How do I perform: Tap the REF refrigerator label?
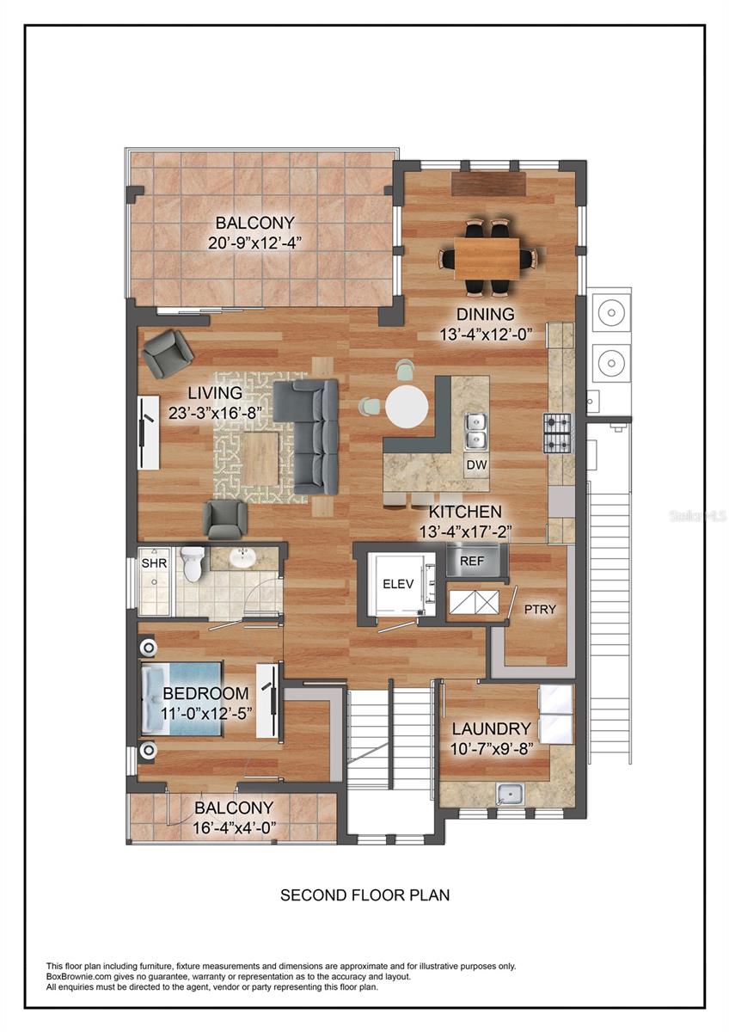[472, 561]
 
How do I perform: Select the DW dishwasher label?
[476, 465]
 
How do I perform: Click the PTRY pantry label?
[540, 610]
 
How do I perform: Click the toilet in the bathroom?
[193, 564]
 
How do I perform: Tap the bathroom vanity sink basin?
[243, 559]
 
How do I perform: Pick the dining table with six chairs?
[487, 257]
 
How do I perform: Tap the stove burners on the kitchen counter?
[555, 433]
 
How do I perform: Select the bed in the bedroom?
[182, 697]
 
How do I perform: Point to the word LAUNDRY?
[491, 729]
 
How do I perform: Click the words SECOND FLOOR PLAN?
[364, 895]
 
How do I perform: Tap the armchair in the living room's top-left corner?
[168, 353]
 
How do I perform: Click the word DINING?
[486, 315]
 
